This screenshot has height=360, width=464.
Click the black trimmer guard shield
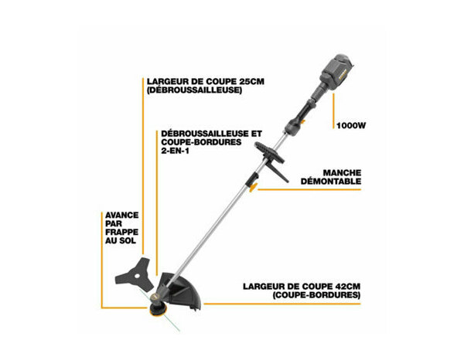coord(186,294)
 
